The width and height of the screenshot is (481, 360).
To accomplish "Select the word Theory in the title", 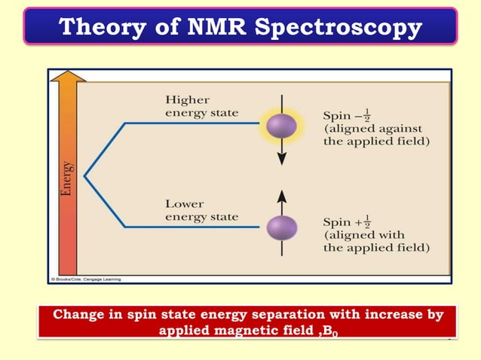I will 99,27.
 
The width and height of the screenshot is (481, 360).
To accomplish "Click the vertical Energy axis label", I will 69,178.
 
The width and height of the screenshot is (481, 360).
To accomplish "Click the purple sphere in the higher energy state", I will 282,121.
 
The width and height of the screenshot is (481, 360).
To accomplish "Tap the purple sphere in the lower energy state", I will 282,228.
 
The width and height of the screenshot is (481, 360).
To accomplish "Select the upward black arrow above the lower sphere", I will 282,200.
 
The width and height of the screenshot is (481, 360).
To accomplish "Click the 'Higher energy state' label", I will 201,106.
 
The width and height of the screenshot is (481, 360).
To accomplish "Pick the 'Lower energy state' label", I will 201,210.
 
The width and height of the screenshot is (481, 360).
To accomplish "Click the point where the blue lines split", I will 84,175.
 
